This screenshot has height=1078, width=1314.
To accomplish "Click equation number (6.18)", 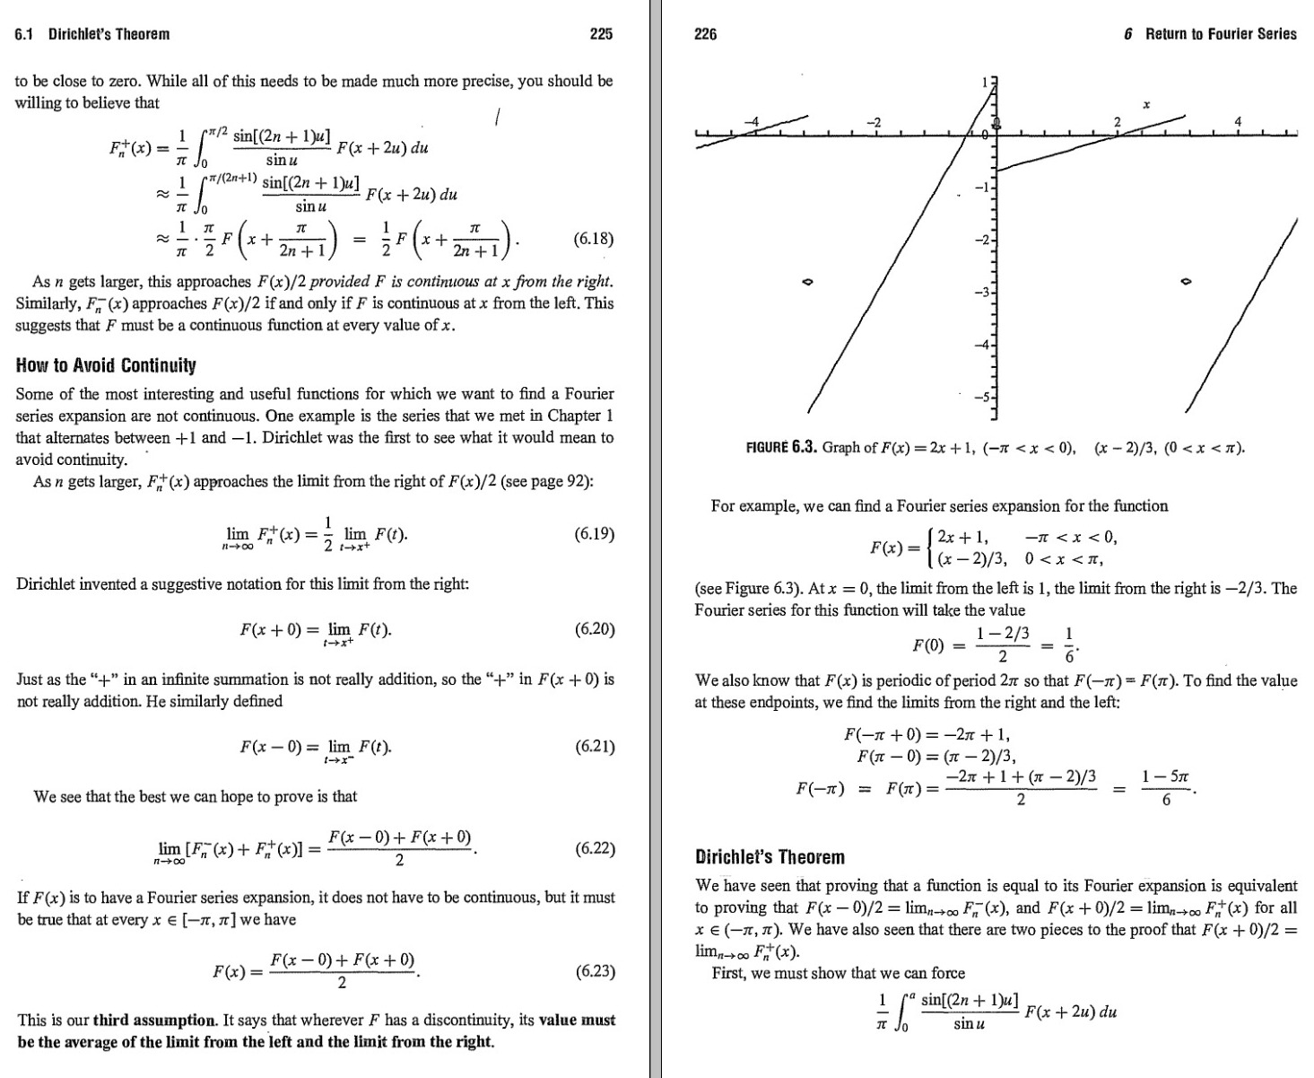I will (593, 240).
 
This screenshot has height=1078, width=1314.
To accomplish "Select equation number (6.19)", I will (593, 534).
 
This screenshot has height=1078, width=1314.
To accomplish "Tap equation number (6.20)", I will (593, 628).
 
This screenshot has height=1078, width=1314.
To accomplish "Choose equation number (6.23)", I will (593, 970).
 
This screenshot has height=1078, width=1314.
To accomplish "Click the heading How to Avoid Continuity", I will (106, 365).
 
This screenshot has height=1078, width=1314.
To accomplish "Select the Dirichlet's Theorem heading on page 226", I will (770, 856).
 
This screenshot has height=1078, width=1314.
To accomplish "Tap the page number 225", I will (600, 34).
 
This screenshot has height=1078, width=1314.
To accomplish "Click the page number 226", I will (706, 34).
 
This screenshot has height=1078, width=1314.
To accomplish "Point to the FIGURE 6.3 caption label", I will (780, 447).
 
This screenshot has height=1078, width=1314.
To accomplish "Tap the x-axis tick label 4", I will (1238, 121).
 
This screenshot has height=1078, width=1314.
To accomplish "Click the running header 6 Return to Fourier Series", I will (1210, 34).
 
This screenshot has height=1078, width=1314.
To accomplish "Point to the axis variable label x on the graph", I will (1146, 105).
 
